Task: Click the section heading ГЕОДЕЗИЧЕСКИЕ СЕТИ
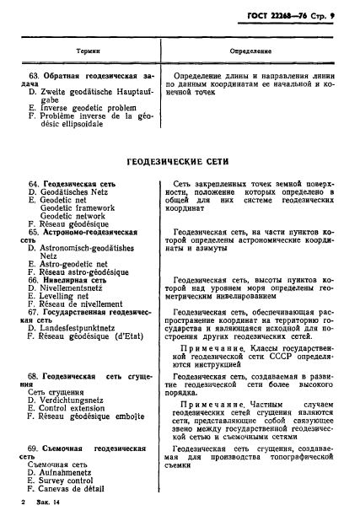point(180,162)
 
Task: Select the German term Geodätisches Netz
point(74,191)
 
